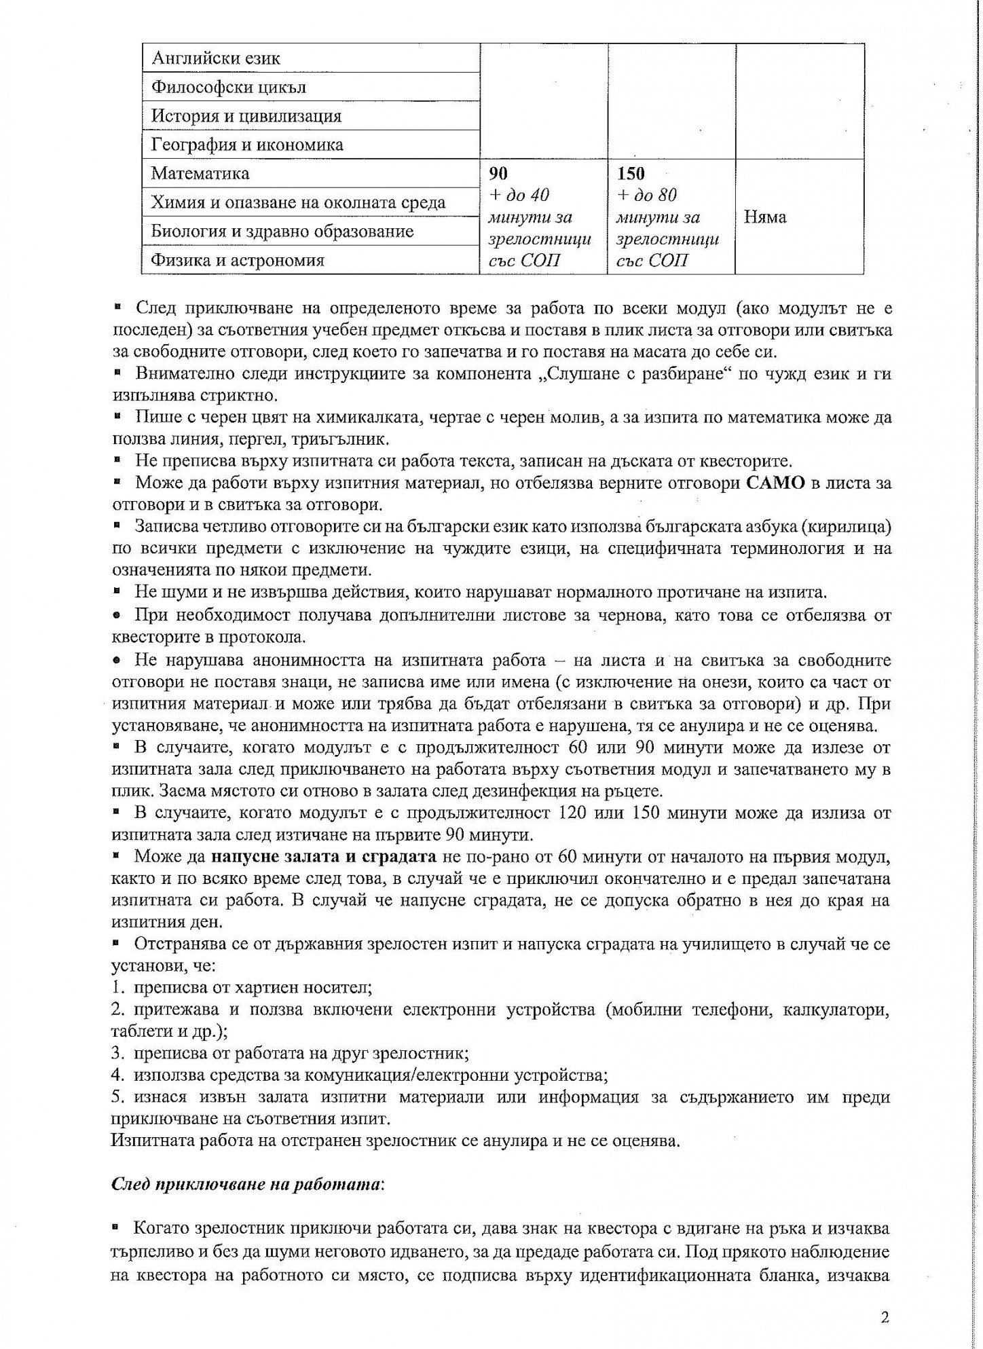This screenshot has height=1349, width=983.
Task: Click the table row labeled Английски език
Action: pyautogui.click(x=216, y=58)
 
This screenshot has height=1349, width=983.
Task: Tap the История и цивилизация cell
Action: pyautogui.click(x=246, y=116)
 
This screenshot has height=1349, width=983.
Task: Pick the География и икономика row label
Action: pyautogui.click(x=247, y=145)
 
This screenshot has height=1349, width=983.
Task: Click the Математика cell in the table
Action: pyautogui.click(x=200, y=174)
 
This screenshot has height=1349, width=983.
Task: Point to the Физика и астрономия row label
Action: pyautogui.click(x=238, y=260)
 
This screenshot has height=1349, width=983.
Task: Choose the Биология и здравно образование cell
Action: pyautogui.click(x=282, y=232)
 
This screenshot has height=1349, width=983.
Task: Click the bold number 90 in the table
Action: pyautogui.click(x=498, y=173)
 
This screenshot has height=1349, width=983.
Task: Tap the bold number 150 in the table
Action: pyautogui.click(x=631, y=173)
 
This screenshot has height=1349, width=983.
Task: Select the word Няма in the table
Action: pyautogui.click(x=765, y=217)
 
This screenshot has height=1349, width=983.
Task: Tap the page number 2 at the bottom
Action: pyautogui.click(x=884, y=1318)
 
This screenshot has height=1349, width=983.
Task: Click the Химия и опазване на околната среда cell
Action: pyautogui.click(x=298, y=203)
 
